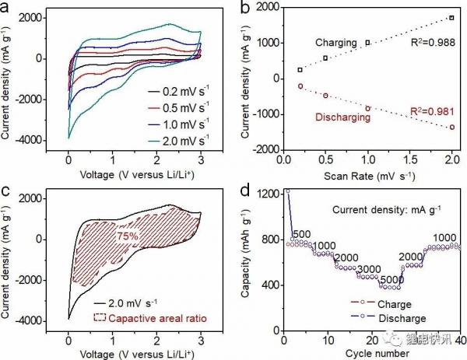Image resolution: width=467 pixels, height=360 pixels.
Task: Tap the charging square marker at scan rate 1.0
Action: (x=368, y=43)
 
